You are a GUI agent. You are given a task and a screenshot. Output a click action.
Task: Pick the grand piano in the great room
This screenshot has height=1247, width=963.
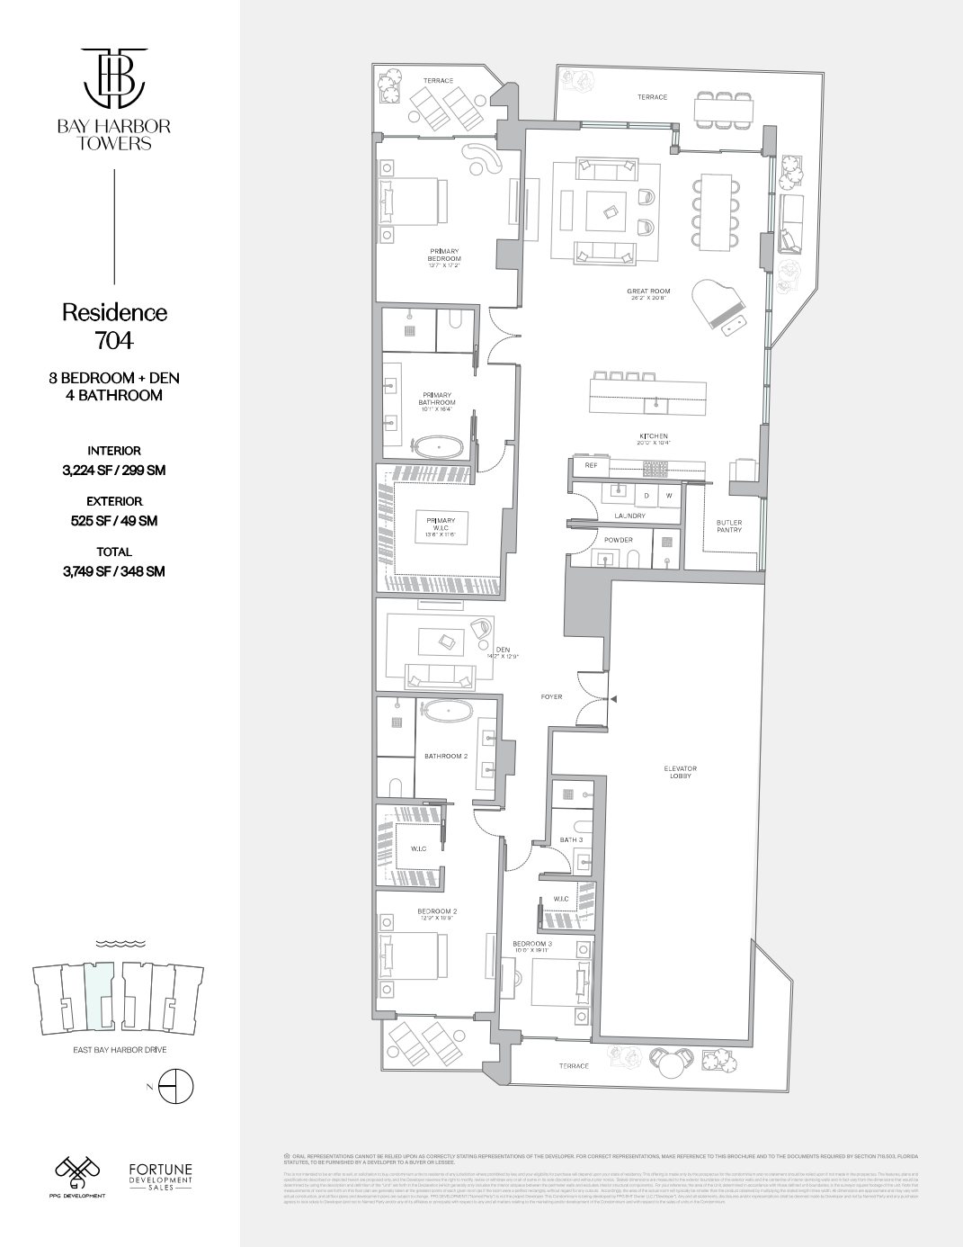click(719, 306)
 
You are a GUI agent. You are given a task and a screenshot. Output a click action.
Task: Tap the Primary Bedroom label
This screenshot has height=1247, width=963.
click(444, 255)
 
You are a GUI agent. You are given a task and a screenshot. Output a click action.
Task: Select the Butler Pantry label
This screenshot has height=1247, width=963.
click(729, 526)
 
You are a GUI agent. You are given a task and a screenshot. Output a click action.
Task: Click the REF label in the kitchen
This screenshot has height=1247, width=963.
click(591, 466)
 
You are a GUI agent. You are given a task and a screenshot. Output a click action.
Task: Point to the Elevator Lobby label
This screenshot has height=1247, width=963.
click(681, 772)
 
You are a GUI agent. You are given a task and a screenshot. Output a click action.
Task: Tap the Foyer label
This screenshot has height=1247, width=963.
click(551, 696)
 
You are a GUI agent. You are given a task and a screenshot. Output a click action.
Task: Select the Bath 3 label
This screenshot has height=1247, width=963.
click(571, 839)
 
